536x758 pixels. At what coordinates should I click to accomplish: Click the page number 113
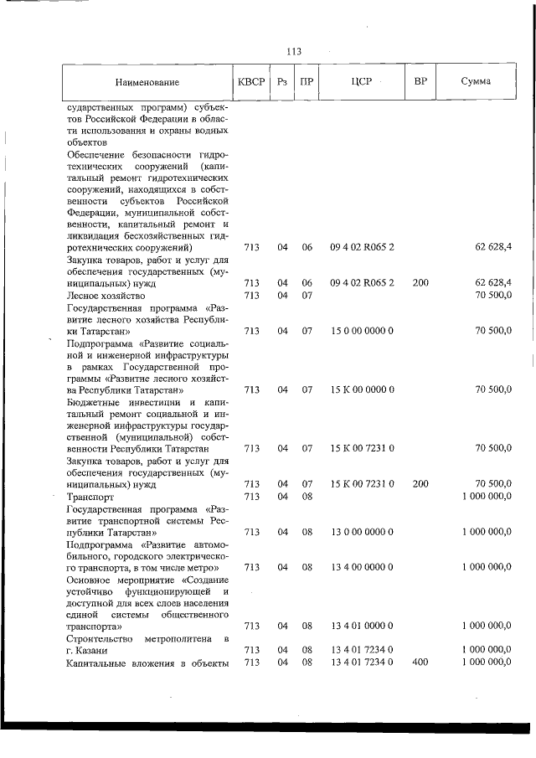293,52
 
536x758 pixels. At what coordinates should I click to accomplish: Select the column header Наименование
147,82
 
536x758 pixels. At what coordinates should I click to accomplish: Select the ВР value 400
420,663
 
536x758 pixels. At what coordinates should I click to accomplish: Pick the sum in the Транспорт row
487,496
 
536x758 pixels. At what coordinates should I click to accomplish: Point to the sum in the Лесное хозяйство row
492,296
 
